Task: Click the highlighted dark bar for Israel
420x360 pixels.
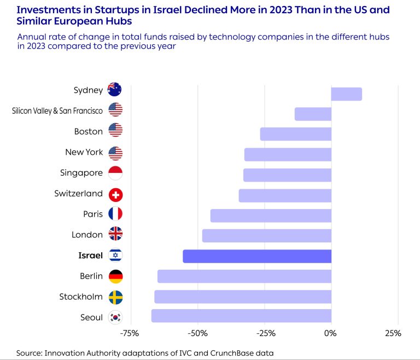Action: [x=257, y=256]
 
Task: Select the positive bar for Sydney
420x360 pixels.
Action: [x=346, y=94]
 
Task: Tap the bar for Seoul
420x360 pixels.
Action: [x=241, y=316]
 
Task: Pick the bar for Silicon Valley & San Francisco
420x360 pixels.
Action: [x=313, y=114]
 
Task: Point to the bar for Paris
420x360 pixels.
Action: [x=271, y=216]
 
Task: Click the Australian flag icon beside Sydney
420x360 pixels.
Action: [x=115, y=90]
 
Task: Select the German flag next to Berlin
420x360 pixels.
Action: [x=115, y=276]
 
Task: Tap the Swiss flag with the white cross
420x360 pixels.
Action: [x=115, y=194]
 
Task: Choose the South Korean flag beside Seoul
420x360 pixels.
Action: [x=115, y=317]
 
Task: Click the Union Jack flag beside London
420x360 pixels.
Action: [x=115, y=235]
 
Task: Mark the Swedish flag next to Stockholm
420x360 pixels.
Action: [x=115, y=297]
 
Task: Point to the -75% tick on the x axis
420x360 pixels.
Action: [x=129, y=333]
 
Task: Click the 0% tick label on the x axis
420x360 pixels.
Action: [x=330, y=333]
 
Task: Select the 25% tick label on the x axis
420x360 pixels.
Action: [x=393, y=333]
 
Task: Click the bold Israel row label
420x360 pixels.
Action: [x=90, y=256]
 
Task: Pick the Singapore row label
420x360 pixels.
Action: [x=81, y=173]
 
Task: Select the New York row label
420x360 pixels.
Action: [x=84, y=152]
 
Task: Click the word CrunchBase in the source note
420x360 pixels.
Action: [x=224, y=353]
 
